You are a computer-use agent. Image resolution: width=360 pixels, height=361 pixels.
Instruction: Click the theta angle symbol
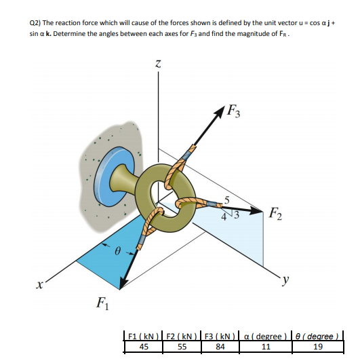(118, 251)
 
